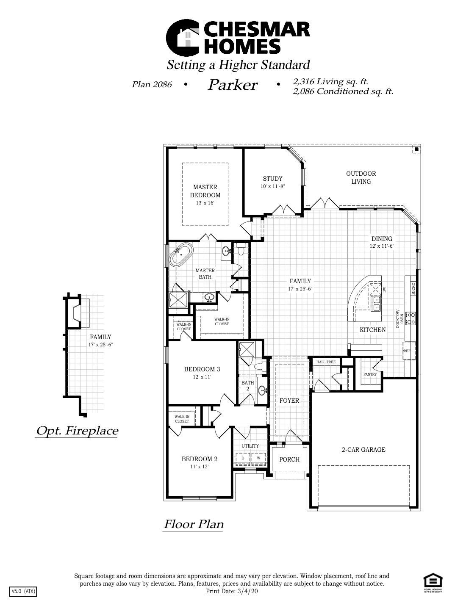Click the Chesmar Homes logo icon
(x=183, y=38)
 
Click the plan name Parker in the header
(x=233, y=85)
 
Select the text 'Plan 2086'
(x=152, y=84)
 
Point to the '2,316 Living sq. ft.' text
(x=330, y=81)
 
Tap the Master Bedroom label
(x=205, y=191)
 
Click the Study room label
(x=272, y=179)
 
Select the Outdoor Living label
(x=361, y=177)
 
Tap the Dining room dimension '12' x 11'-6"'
(x=382, y=246)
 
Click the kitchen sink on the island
(x=376, y=303)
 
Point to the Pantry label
(x=370, y=374)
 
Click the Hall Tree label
(x=326, y=362)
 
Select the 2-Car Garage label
(x=363, y=450)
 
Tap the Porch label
(x=289, y=459)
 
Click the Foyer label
(x=289, y=401)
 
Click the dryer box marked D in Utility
(x=243, y=458)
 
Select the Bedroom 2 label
(x=200, y=459)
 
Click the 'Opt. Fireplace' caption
(x=77, y=431)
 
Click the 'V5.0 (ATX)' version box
(x=23, y=591)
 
